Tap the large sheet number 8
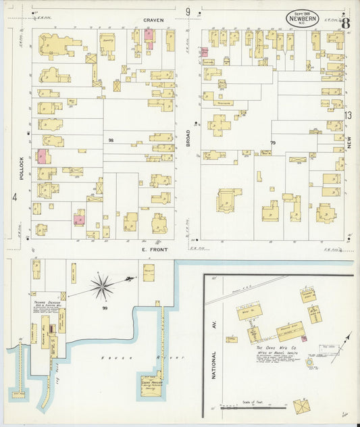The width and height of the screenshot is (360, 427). coord(345,22)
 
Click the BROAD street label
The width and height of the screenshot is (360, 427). coord(190,139)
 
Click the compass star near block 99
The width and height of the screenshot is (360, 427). coord(102,286)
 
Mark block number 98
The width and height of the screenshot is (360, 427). coord(110,140)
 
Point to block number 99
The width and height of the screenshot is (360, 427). coord(105,308)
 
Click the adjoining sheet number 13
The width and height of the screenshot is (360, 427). coord(349,116)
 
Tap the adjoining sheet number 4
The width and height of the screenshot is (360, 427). coord(14,197)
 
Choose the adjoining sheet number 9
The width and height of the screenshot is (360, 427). coord(188,11)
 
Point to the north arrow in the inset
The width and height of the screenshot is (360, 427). coord(341,349)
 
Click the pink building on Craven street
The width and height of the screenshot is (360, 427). coord(149,35)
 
